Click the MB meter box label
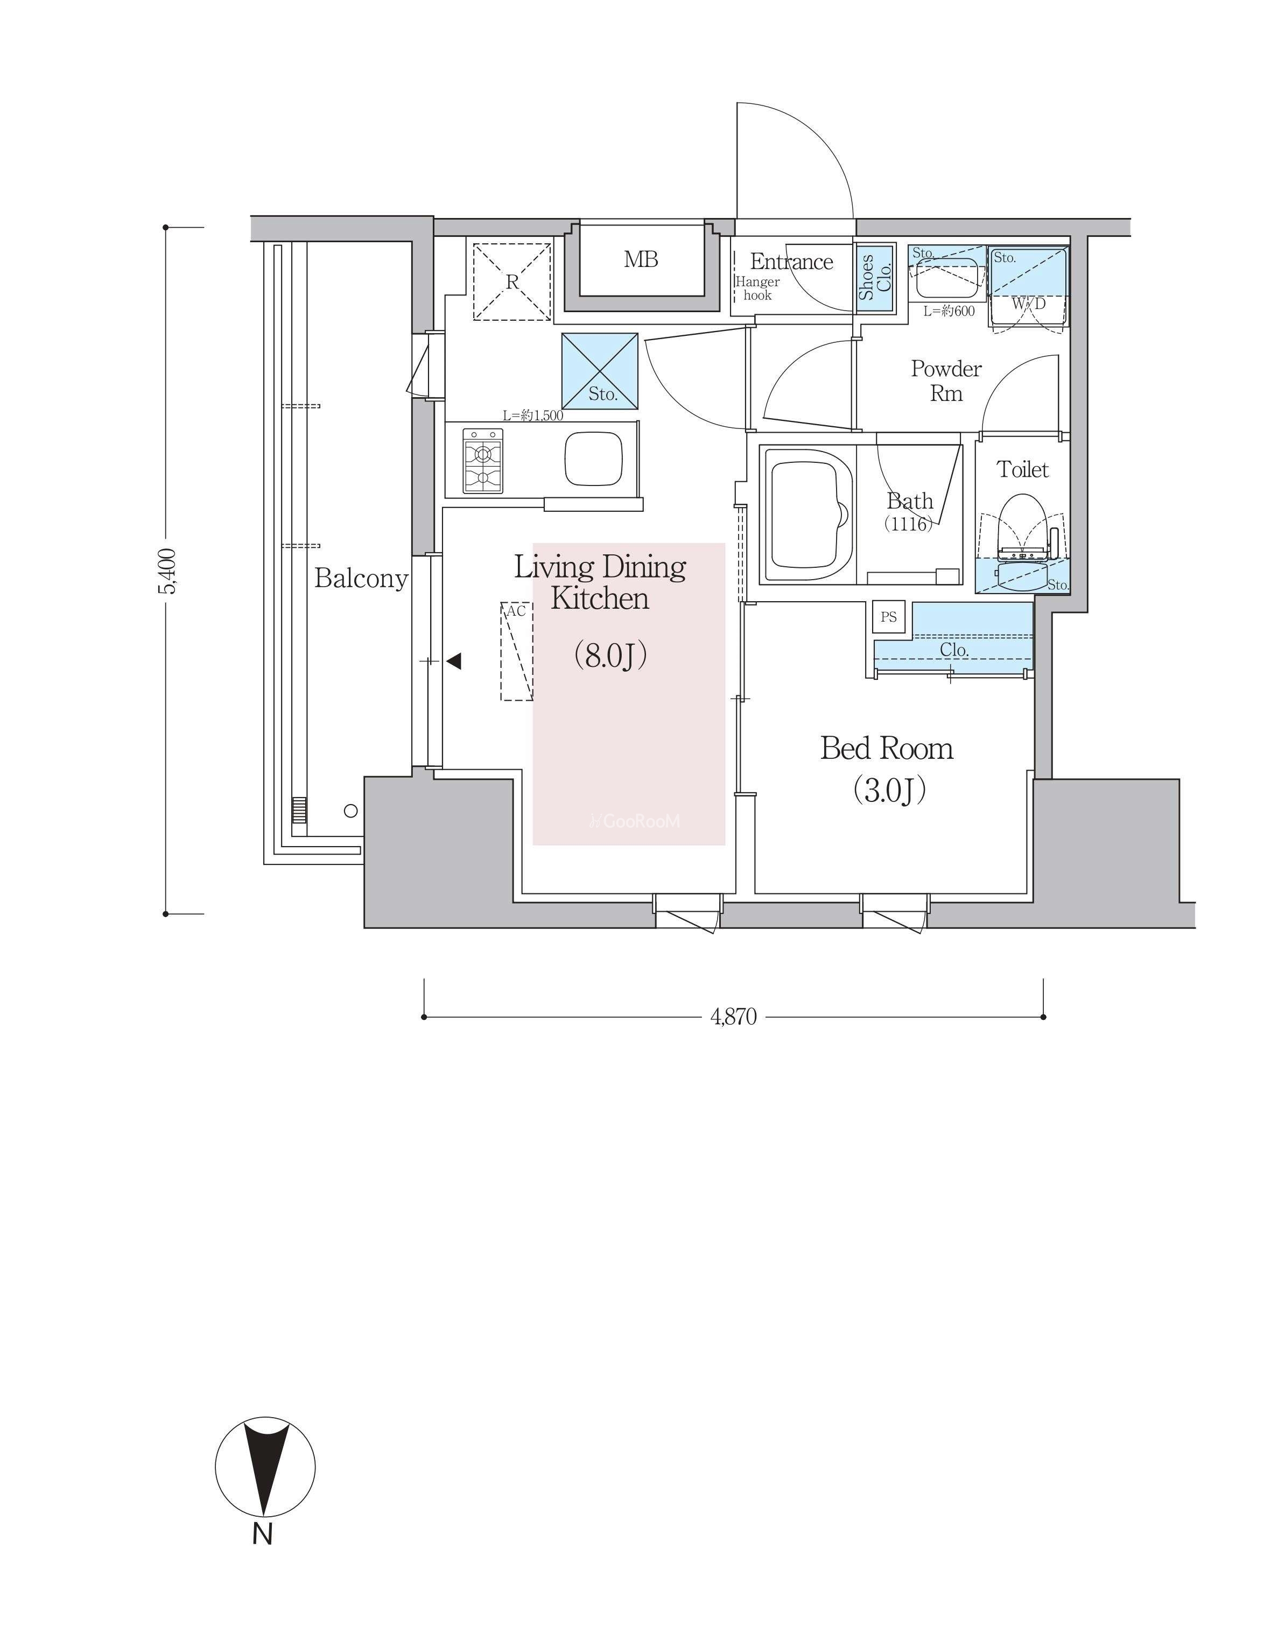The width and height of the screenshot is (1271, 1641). pyautogui.click(x=641, y=259)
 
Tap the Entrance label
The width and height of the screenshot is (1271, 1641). pyautogui.click(x=791, y=262)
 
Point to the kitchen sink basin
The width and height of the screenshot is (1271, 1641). pyautogui.click(x=593, y=459)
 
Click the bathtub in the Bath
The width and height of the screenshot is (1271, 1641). pyautogui.click(x=808, y=515)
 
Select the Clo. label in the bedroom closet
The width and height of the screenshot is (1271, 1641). pyautogui.click(x=954, y=650)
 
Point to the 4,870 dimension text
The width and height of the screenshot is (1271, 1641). pyautogui.click(x=734, y=1017)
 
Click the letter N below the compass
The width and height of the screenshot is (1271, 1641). pyautogui.click(x=262, y=1533)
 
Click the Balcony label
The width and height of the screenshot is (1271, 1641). pyautogui.click(x=361, y=578)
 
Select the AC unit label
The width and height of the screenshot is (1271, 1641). pyautogui.click(x=516, y=611)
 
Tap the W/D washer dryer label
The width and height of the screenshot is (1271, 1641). pyautogui.click(x=1028, y=304)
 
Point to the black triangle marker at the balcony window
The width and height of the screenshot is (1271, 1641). pyautogui.click(x=453, y=661)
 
